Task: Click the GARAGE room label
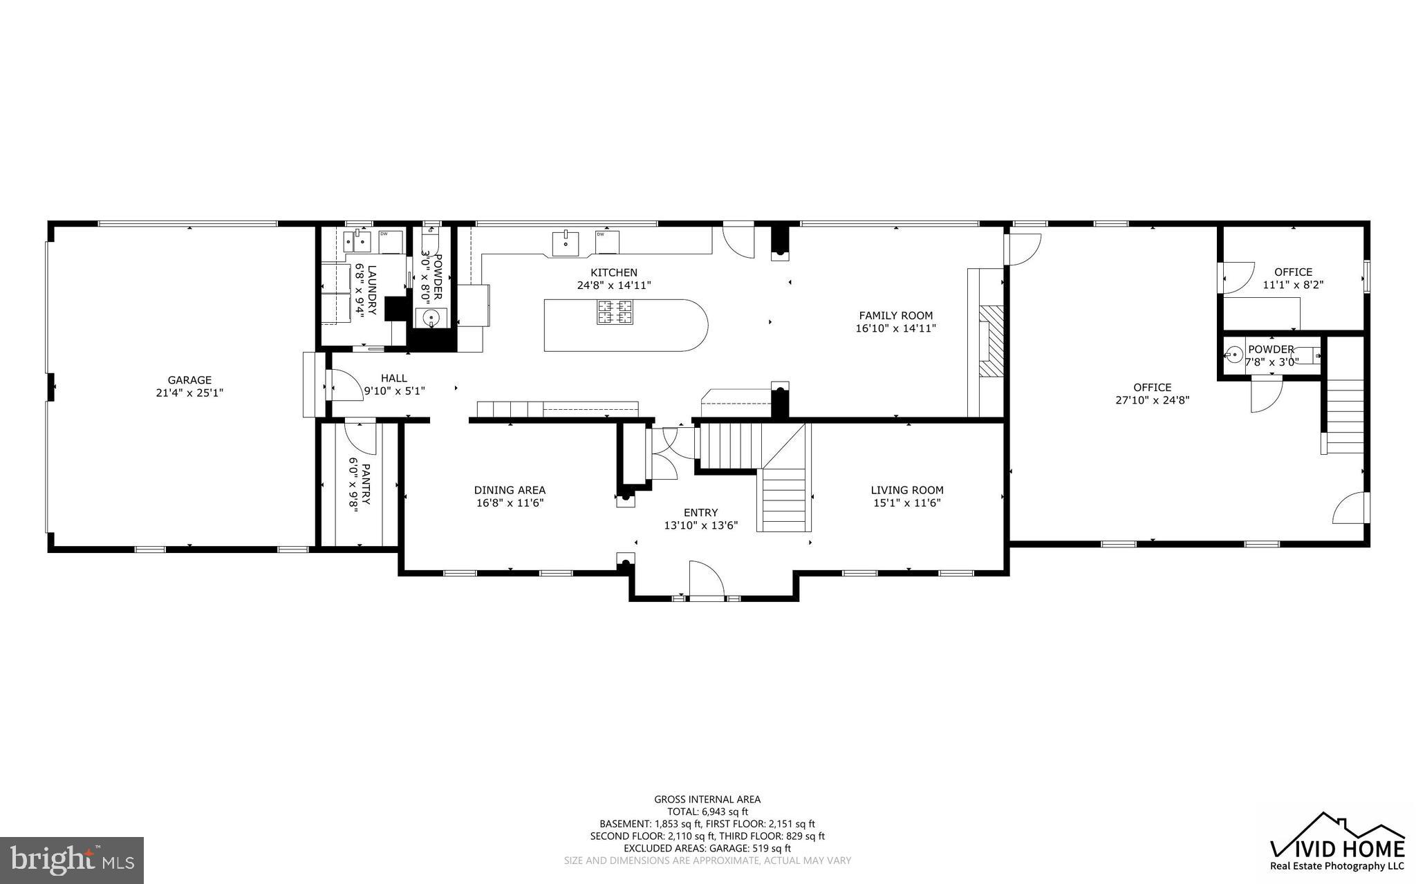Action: [189, 380]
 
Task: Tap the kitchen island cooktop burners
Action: [615, 312]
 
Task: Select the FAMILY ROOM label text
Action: [895, 316]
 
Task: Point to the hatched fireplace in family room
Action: [993, 341]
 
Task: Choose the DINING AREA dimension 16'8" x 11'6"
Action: [510, 503]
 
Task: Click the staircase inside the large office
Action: [1343, 415]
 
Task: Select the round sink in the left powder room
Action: [431, 319]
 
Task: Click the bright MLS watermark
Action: [72, 860]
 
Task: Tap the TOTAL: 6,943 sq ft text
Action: [707, 811]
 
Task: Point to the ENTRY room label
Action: [700, 512]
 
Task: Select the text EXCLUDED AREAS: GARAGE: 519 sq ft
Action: [707, 848]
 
